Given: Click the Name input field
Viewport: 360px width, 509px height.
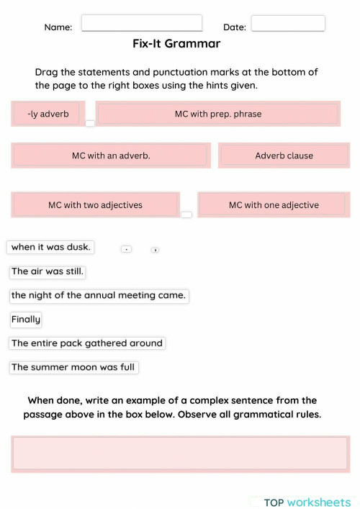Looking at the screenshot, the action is pyautogui.click(x=142, y=23).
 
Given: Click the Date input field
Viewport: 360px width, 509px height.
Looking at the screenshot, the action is pyautogui.click(x=288, y=24).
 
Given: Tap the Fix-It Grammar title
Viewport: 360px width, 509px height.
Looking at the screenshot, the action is pyautogui.click(x=176, y=44).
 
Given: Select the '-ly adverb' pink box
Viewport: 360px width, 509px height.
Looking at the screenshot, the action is pyautogui.click(x=48, y=114).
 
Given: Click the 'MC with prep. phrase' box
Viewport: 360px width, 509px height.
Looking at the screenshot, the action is pyautogui.click(x=217, y=114).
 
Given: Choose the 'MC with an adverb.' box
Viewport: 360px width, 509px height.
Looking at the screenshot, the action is pyautogui.click(x=111, y=156).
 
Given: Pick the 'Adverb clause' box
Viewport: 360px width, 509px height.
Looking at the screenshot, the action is pyautogui.click(x=284, y=156).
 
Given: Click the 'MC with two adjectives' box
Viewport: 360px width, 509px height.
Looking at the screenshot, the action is pyautogui.click(x=95, y=205).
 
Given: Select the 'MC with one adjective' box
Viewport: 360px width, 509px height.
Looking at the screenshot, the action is pyautogui.click(x=274, y=205).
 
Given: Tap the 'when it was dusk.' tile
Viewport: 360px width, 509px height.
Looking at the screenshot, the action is pyautogui.click(x=50, y=247).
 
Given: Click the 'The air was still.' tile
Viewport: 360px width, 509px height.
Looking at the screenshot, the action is pyautogui.click(x=48, y=271).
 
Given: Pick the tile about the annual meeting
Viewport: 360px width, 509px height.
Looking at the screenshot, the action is pyautogui.click(x=99, y=295).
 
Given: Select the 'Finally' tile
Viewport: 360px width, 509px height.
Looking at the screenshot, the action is pyautogui.click(x=26, y=319).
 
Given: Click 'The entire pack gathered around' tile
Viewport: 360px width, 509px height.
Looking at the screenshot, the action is pyautogui.click(x=87, y=343).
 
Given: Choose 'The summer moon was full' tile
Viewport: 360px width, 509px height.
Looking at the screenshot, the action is pyautogui.click(x=73, y=367).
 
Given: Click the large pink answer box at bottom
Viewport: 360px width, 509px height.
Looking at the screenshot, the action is pyautogui.click(x=180, y=454).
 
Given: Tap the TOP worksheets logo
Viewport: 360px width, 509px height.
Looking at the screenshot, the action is pyautogui.click(x=307, y=502).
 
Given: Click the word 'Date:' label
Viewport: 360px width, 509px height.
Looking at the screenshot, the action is pyautogui.click(x=235, y=27).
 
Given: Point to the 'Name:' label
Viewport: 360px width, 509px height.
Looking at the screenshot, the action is pyautogui.click(x=58, y=27).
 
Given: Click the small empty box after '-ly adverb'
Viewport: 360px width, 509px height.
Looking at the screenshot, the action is pyautogui.click(x=90, y=123).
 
